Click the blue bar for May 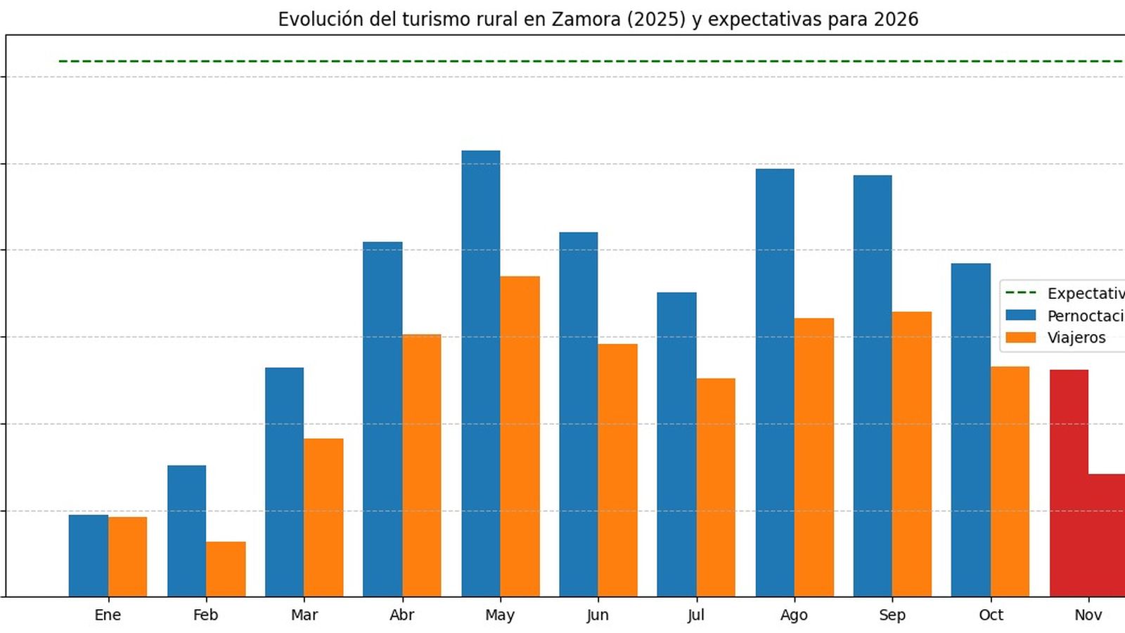(481, 373)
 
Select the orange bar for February (226, 569)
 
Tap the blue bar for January (89, 556)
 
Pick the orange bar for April (422, 465)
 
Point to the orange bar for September (911, 454)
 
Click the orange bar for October (1010, 481)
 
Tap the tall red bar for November (1069, 482)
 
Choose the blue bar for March (285, 482)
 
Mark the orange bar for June (617, 470)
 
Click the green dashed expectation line (562, 61)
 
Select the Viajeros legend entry (1076, 338)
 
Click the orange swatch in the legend (1020, 338)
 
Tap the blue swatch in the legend (1020, 315)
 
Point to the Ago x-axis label (794, 615)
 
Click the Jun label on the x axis (598, 615)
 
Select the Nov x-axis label (1088, 615)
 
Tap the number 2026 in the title (896, 19)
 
